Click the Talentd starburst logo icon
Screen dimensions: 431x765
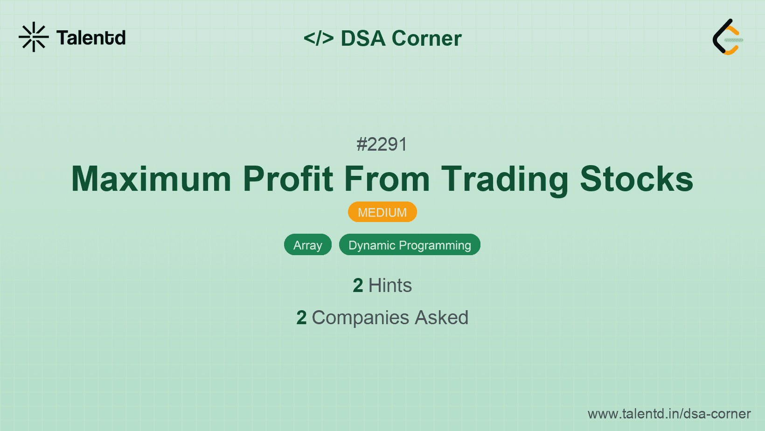coord(34,37)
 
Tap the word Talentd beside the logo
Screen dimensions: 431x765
coord(91,38)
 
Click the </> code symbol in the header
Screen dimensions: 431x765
coord(319,38)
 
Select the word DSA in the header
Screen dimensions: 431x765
coord(363,38)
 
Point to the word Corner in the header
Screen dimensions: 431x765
coord(426,38)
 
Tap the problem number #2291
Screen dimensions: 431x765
coord(382,145)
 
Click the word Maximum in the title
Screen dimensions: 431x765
coord(151,179)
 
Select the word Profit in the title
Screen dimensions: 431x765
coord(288,179)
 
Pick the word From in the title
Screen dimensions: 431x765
coord(387,179)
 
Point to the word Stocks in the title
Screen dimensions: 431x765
coord(636,179)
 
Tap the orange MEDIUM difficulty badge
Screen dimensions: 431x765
coord(382,212)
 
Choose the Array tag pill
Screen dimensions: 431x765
coord(308,245)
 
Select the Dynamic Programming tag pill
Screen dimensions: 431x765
coord(410,245)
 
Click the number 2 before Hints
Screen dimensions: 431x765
coord(358,285)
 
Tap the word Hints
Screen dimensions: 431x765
coord(390,285)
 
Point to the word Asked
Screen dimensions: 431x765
coord(441,318)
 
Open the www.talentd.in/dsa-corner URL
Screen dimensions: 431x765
coord(669,414)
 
